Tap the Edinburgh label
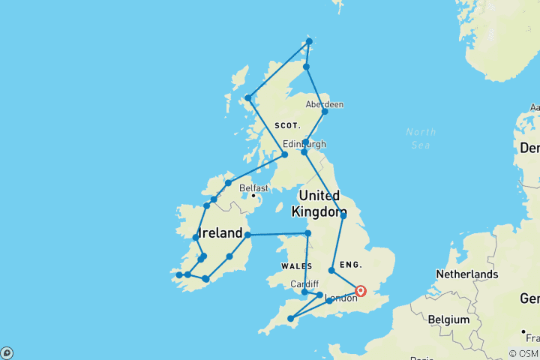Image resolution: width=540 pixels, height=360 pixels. click(304, 144)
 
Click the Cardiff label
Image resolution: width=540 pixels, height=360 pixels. click(304, 283)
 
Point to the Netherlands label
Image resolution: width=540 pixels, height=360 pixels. click(467, 274)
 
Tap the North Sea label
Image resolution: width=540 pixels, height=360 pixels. click(421, 139)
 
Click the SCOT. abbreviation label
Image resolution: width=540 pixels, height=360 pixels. click(287, 125)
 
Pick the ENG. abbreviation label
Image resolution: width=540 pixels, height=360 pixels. click(351, 265)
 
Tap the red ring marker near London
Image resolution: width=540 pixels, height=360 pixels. click(361, 291)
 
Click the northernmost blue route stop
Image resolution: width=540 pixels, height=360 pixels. click(309, 41)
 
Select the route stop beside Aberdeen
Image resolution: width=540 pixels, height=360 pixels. click(325, 112)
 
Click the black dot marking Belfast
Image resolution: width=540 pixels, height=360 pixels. click(253, 196)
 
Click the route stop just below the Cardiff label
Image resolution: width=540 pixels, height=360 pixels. click(304, 292)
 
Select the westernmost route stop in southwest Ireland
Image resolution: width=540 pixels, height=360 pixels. click(178, 275)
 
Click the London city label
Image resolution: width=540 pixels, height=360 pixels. click(342, 298)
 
